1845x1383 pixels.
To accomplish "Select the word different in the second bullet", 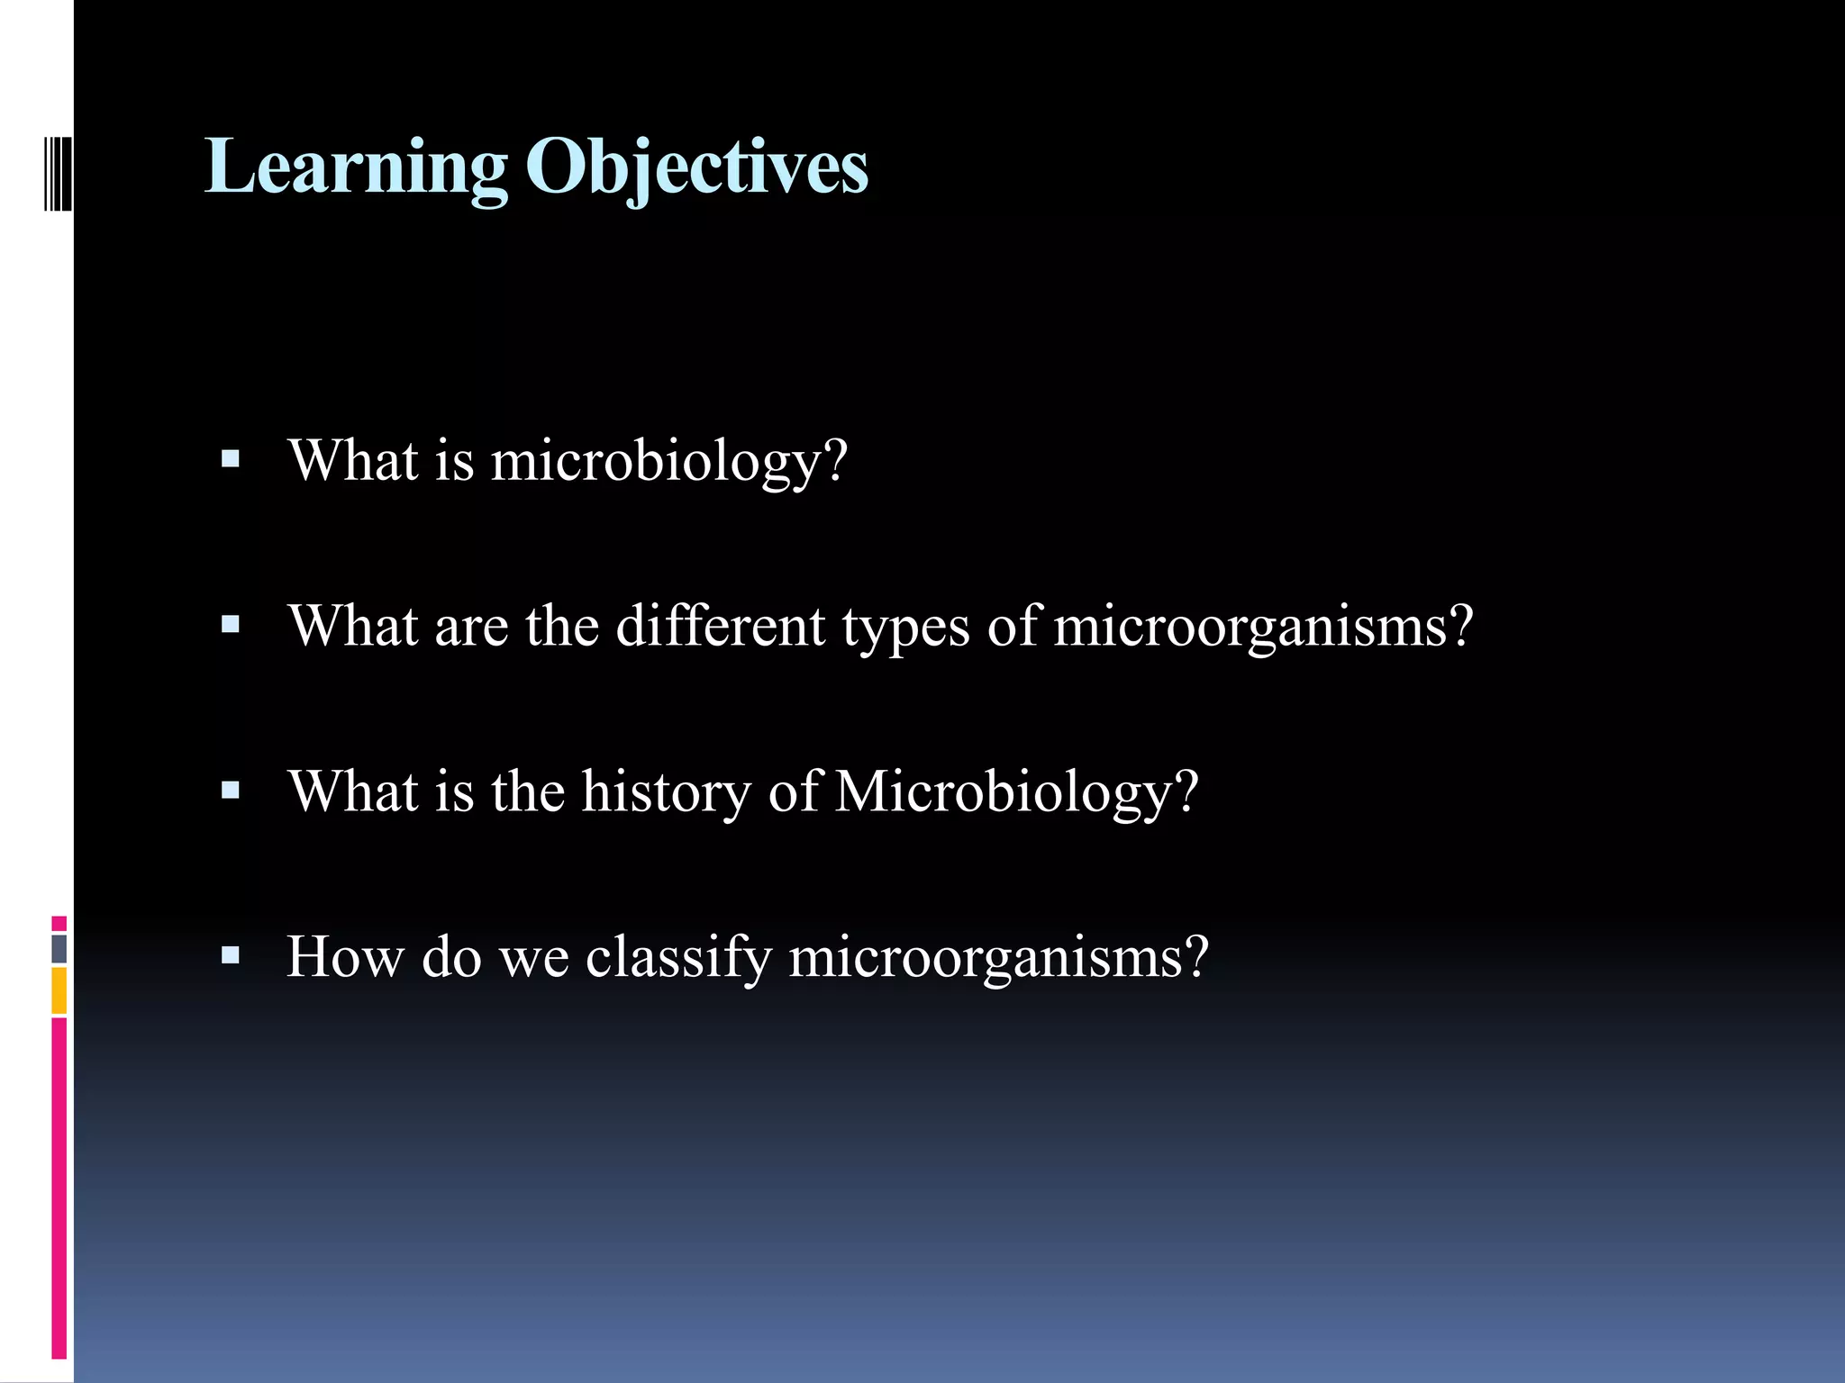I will pos(720,627).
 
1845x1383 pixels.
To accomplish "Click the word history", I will pos(666,792).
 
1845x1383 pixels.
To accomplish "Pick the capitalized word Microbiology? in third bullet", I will pos(1017,792).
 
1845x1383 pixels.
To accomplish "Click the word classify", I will pos(678,958).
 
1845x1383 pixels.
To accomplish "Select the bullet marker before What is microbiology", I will pos(231,460).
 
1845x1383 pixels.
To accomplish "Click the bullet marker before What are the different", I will pos(231,625).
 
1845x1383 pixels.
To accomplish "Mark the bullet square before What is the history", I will pos(231,791).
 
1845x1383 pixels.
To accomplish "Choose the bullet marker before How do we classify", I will pos(231,955).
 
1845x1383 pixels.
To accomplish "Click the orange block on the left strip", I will pos(59,990).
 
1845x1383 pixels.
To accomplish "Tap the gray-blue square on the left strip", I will pos(59,949).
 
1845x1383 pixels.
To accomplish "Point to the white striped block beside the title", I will pos(58,173).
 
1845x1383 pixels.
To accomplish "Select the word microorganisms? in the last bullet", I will pos(998,958).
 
